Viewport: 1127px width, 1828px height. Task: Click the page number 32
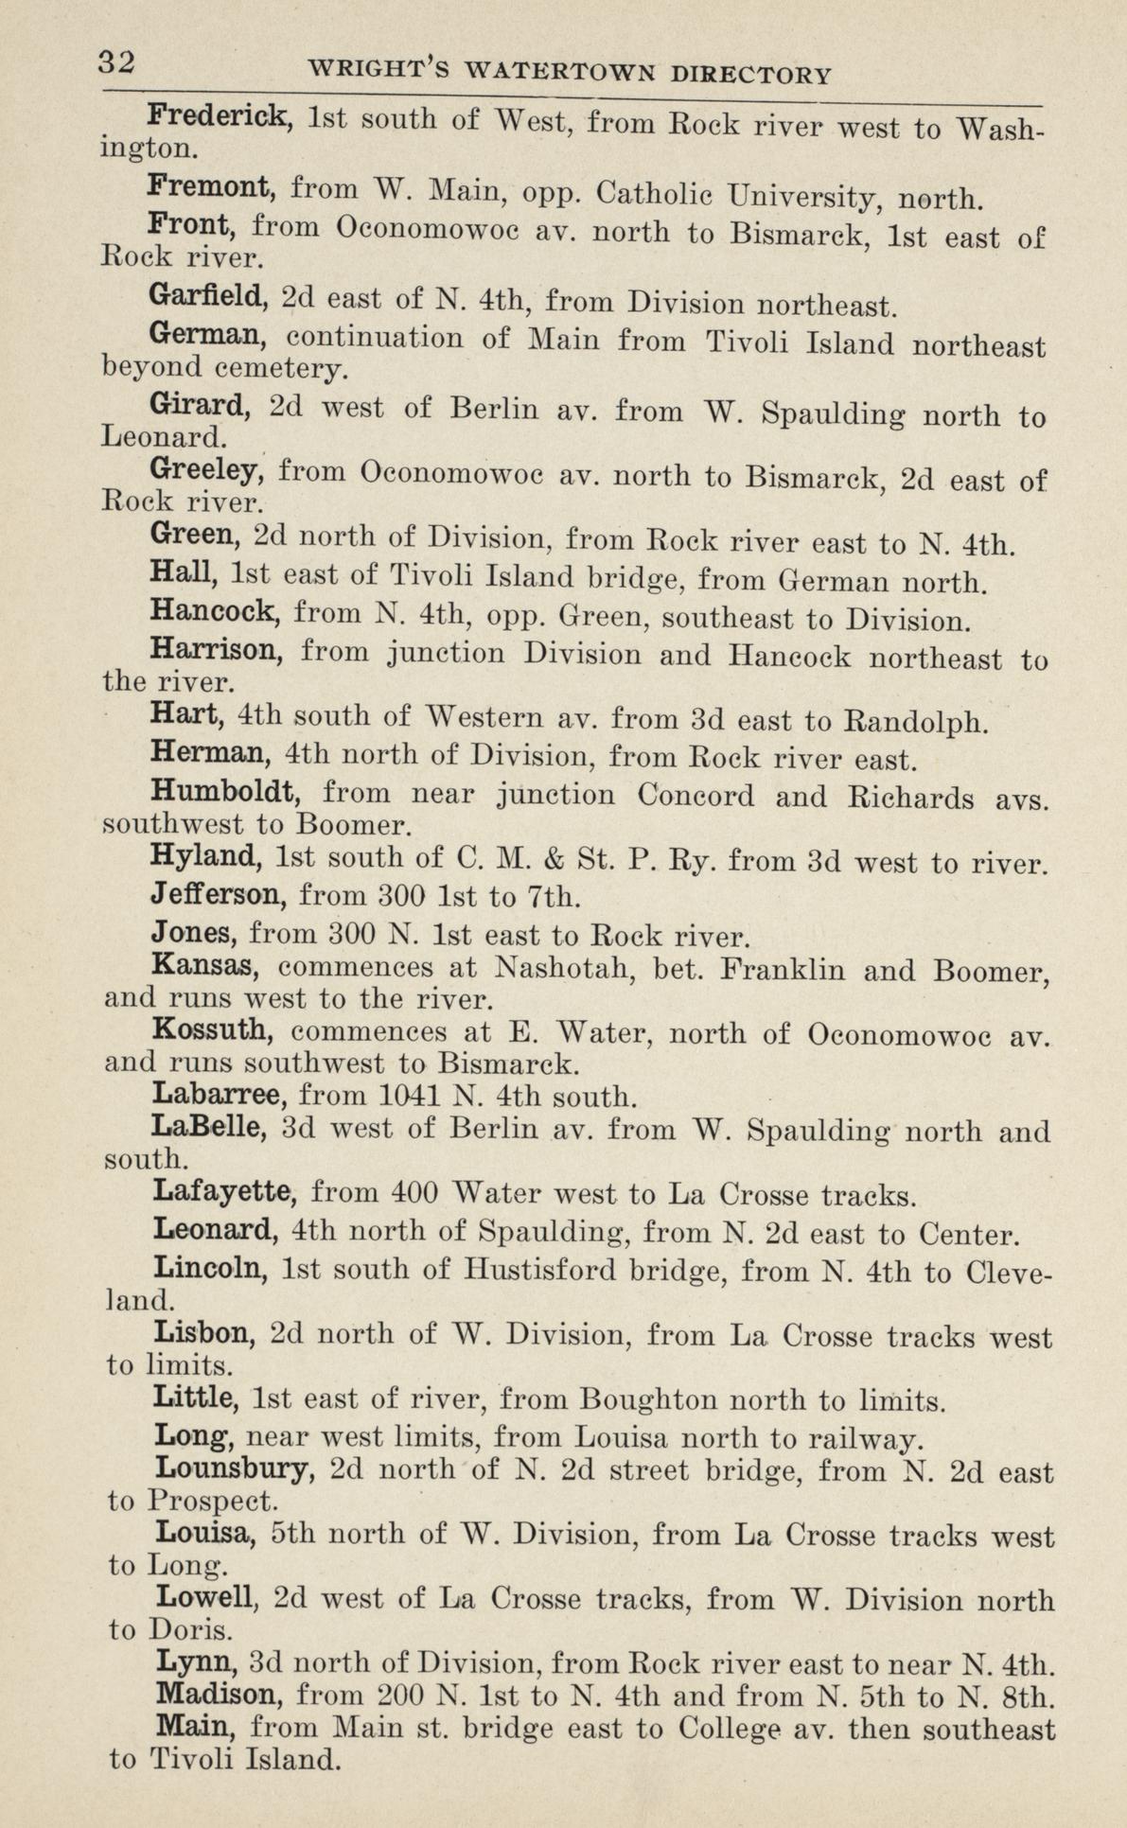119,62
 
